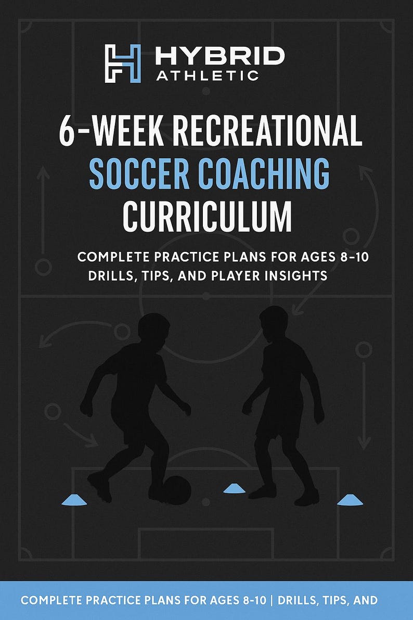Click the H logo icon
point(123,64)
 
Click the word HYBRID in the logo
point(220,56)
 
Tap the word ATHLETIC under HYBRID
point(207,76)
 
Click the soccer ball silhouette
point(176,489)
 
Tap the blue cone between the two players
point(235,488)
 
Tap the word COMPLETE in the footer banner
point(51,600)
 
